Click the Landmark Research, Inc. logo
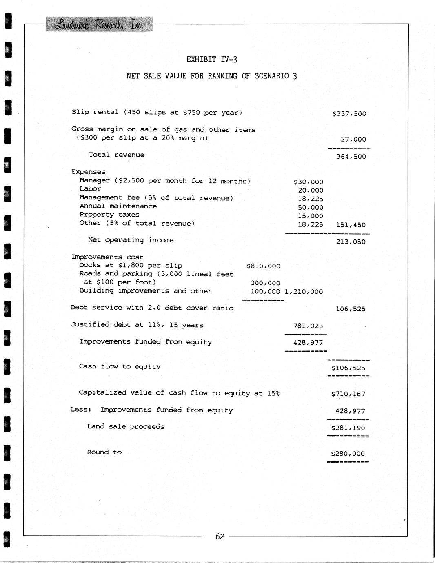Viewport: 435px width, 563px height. click(x=99, y=24)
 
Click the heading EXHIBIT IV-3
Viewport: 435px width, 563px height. click(x=212, y=60)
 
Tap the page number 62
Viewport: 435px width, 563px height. click(x=220, y=536)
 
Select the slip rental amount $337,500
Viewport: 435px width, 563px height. click(x=349, y=114)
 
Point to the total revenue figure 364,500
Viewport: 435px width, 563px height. click(x=351, y=157)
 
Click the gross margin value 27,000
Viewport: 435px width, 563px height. click(x=353, y=140)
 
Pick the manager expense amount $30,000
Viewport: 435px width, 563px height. click(x=308, y=182)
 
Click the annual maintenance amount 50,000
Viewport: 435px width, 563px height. click(x=311, y=208)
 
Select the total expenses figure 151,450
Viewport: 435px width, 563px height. click(x=351, y=225)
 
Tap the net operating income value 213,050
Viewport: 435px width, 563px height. click(x=351, y=242)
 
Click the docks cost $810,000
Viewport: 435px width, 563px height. click(x=264, y=266)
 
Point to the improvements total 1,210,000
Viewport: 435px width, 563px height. click(x=304, y=292)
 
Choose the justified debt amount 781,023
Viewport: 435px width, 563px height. click(x=308, y=326)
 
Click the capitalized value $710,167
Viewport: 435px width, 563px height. click(x=348, y=394)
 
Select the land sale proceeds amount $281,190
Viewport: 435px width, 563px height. click(x=348, y=428)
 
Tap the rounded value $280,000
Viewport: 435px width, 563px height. click(x=348, y=454)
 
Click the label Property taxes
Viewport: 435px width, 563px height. click(x=109, y=215)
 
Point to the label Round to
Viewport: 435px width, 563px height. click(x=104, y=452)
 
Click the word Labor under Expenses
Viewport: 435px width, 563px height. click(x=90, y=189)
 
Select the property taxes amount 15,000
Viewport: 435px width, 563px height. click(x=311, y=216)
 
